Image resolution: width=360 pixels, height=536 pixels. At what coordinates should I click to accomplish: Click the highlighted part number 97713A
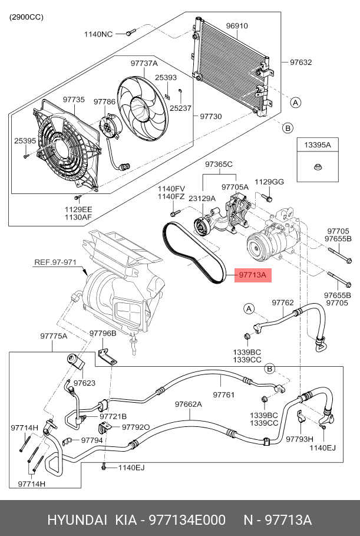(x=253, y=275)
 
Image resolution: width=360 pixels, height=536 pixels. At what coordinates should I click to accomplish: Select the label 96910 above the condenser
(x=237, y=26)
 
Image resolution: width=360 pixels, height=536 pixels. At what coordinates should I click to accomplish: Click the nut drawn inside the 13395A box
(x=316, y=167)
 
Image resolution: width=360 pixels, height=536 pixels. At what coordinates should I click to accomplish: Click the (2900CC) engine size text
(x=26, y=17)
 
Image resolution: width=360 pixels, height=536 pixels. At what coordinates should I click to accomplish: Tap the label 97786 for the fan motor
(x=104, y=101)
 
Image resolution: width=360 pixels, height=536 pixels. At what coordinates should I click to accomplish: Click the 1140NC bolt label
(x=98, y=34)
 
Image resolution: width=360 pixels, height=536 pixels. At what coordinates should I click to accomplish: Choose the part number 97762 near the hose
(x=282, y=302)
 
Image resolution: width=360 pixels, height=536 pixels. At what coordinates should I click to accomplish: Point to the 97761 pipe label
(x=224, y=395)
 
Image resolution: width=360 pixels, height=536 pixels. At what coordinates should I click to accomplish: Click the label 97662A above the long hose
(x=188, y=404)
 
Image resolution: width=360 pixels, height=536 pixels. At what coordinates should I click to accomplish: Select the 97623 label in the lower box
(x=84, y=383)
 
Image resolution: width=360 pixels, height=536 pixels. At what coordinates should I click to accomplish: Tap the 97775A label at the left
(x=54, y=336)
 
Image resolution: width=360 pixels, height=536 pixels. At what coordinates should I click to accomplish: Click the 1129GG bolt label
(x=269, y=182)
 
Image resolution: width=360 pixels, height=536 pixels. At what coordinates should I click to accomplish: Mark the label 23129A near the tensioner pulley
(x=202, y=199)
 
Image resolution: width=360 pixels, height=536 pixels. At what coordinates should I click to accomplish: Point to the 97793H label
(x=299, y=439)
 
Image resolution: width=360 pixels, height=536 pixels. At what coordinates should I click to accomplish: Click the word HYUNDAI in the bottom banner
(x=77, y=521)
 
